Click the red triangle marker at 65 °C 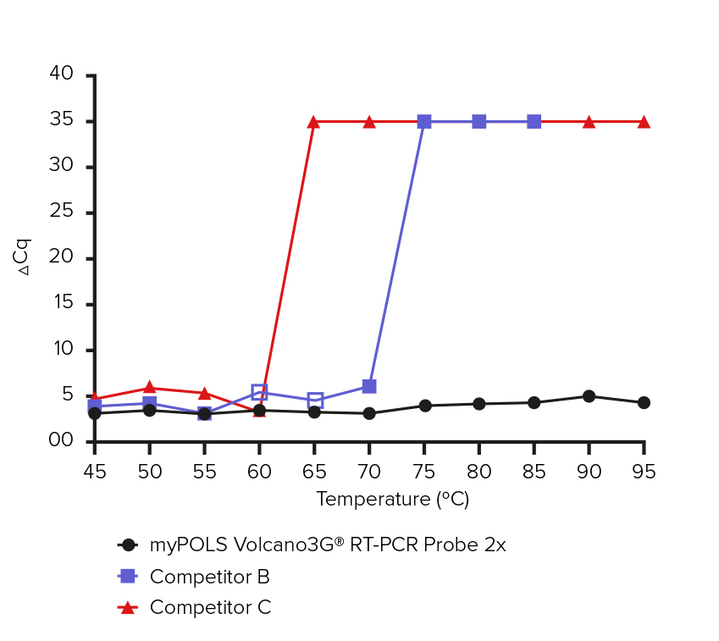[x=314, y=122]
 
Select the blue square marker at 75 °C [x=424, y=122]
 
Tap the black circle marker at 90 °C [x=589, y=396]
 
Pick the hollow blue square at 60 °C [x=259, y=392]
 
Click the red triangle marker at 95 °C [x=644, y=122]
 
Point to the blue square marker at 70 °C [x=369, y=386]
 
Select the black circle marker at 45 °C [x=95, y=413]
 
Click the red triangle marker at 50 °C [x=150, y=388]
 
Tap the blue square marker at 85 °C [x=534, y=122]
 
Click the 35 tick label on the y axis [x=62, y=120]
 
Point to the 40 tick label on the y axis [x=62, y=75]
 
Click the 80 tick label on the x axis [x=478, y=472]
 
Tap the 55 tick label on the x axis [x=204, y=472]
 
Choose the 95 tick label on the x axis [x=644, y=472]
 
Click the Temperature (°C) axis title [x=392, y=500]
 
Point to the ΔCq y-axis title [x=25, y=257]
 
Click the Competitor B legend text [x=209, y=577]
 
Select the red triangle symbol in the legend [x=128, y=607]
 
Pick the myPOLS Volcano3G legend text [x=328, y=545]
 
